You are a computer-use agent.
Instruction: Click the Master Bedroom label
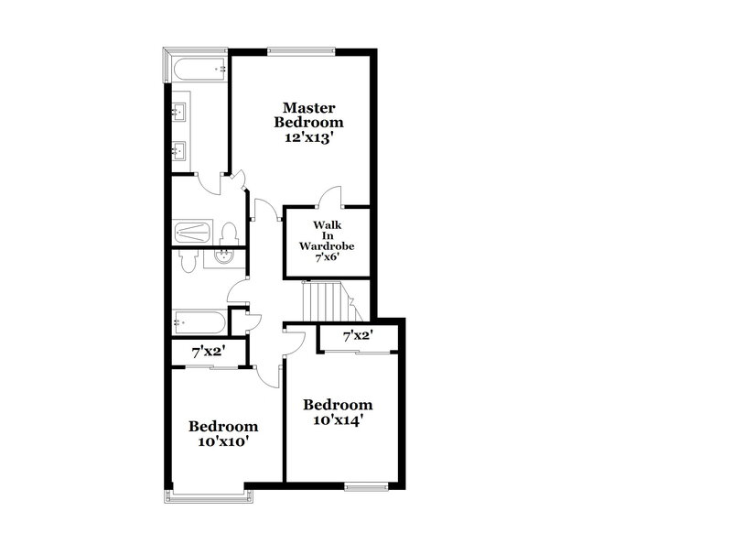pyautogui.click(x=312, y=114)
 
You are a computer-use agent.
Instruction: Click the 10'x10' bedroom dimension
pyautogui.click(x=222, y=441)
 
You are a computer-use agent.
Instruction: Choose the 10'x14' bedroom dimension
pyautogui.click(x=338, y=420)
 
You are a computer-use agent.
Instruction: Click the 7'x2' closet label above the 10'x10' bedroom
pyautogui.click(x=208, y=351)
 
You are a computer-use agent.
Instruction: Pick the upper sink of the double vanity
pyautogui.click(x=179, y=114)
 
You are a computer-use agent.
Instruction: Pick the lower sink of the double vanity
pyautogui.click(x=179, y=149)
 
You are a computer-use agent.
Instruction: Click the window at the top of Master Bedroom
pyautogui.click(x=301, y=50)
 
